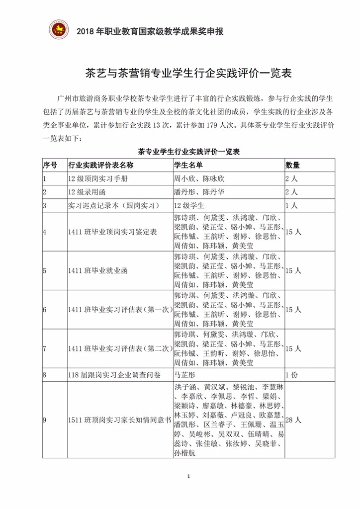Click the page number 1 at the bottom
point(188,477)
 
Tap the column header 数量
point(292,165)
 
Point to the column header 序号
point(50,165)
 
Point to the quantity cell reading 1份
point(291,375)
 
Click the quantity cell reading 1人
point(291,205)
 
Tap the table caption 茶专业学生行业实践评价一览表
point(188,152)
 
